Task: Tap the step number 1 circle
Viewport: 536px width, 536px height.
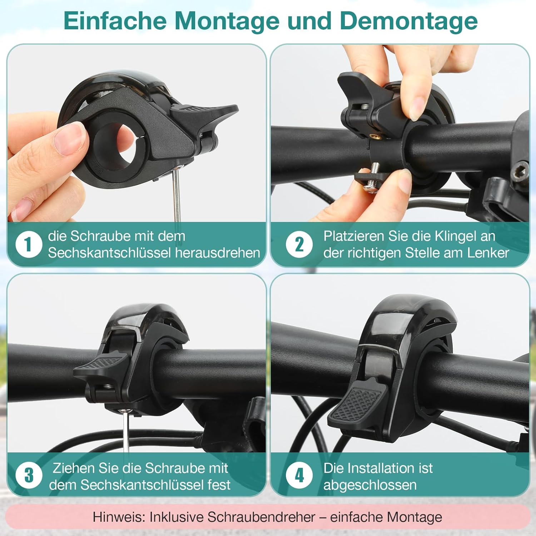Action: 29,244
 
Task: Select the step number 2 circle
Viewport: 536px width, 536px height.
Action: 299,244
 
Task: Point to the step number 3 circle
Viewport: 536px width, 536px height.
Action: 29,475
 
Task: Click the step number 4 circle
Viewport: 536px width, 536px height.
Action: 299,475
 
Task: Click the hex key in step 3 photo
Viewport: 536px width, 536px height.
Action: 126,432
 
